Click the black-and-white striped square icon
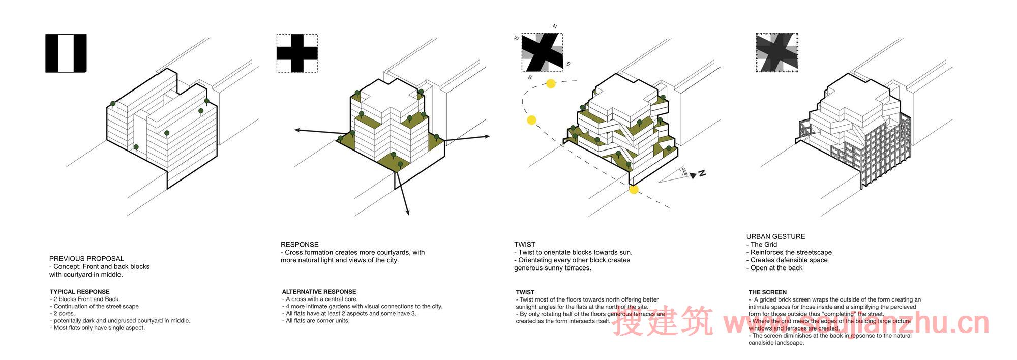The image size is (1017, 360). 66,53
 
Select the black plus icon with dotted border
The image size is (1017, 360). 297,53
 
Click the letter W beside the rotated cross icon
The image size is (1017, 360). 517,38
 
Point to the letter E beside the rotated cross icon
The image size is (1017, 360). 569,64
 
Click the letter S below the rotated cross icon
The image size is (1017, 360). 530,78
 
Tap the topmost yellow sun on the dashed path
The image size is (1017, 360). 551,84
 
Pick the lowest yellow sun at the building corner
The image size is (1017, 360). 634,190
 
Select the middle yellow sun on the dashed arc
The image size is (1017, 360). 531,120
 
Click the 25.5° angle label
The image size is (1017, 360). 684,172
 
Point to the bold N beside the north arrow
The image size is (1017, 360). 702,173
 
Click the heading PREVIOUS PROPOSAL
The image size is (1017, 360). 86,259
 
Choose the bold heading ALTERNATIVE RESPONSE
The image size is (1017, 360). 319,292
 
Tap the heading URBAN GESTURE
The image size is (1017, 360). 775,236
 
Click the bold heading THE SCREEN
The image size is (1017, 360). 767,292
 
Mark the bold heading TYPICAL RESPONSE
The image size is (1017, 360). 80,292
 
